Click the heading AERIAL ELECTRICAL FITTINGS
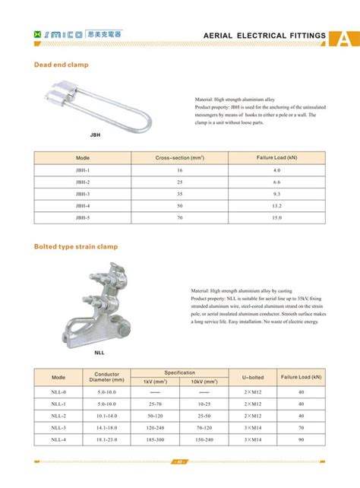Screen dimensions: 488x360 (x=265, y=36)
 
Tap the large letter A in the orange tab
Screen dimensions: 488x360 (x=346, y=37)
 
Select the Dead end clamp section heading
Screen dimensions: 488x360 (x=62, y=65)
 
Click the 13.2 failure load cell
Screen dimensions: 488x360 (x=276, y=206)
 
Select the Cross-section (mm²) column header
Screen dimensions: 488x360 (x=180, y=158)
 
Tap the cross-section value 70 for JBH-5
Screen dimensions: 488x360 (x=180, y=218)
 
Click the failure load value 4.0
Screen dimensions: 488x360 (x=276, y=170)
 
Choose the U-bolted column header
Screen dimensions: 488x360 (x=253, y=377)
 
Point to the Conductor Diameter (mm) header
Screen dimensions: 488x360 (x=107, y=377)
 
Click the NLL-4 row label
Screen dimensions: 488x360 (x=58, y=440)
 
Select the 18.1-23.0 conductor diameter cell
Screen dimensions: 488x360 (x=107, y=440)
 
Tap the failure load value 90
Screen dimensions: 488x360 (x=302, y=440)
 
